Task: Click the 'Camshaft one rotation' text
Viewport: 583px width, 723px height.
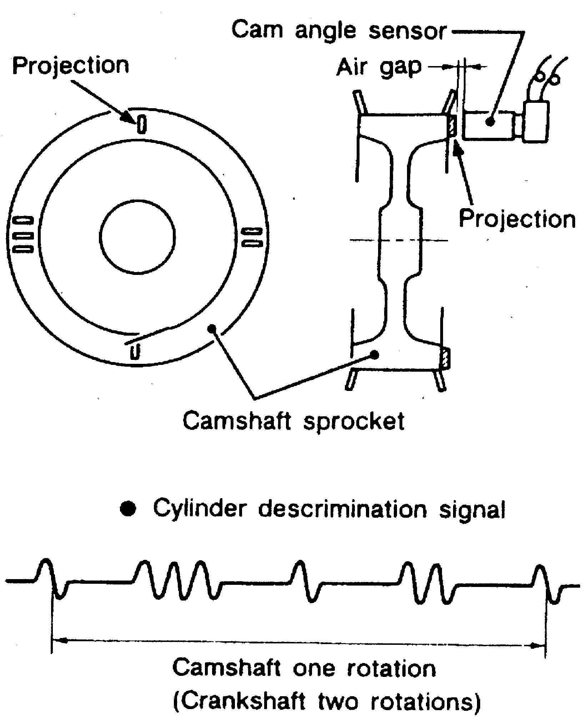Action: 304,668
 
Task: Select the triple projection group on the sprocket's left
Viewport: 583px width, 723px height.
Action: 23,234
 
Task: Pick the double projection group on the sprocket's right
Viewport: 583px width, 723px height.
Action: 253,237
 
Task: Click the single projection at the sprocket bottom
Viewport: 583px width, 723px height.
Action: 134,351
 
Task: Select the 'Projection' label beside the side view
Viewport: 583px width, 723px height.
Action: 517,219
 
